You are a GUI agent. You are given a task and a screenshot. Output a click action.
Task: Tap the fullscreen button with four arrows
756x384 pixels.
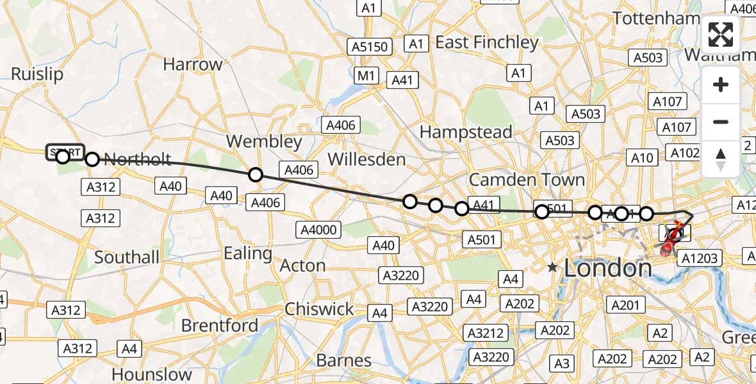[721, 35]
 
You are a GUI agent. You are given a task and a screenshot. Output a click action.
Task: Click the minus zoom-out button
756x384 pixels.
[721, 122]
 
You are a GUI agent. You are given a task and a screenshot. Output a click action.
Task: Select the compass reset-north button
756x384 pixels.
[721, 159]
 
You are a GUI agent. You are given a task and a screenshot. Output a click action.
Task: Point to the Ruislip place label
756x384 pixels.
[37, 74]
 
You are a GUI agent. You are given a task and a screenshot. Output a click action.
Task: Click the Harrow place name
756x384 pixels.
[192, 64]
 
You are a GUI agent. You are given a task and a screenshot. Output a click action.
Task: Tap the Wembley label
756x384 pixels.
[264, 141]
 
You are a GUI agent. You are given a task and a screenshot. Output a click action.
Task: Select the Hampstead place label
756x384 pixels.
[466, 132]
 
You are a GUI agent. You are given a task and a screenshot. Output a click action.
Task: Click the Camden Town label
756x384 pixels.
[527, 180]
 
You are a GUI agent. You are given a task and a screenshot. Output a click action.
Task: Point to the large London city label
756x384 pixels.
[607, 268]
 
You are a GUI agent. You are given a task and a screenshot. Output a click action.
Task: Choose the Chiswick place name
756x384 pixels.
[320, 309]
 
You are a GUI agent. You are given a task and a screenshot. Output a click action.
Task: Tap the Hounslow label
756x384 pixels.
[152, 374]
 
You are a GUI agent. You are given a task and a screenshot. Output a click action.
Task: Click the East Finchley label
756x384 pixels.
[487, 42]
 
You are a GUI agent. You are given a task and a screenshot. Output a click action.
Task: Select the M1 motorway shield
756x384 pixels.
[366, 76]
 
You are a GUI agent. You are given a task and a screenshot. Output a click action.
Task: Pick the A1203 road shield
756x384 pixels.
[700, 258]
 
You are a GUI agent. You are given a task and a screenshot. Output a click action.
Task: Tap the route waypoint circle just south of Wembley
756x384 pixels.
[256, 175]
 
